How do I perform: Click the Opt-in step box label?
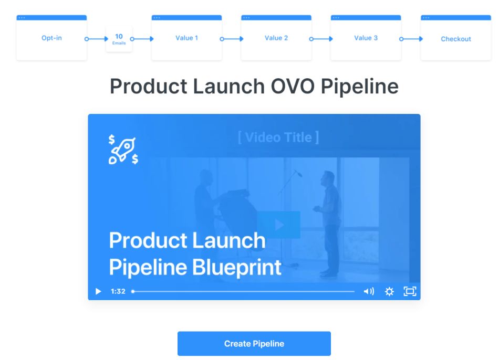[51, 38]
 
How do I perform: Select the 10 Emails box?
[119, 39]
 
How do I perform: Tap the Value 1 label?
[187, 38]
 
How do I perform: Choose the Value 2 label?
[276, 38]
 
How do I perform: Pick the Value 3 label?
[366, 38]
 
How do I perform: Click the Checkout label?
[456, 39]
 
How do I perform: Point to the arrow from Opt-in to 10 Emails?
[97, 39]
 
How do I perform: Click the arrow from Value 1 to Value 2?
[232, 39]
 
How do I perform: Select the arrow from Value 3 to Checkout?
[411, 39]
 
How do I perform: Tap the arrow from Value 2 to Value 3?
[321, 39]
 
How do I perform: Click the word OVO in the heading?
[293, 86]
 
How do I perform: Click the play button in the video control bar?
[98, 291]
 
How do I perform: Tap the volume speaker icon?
[369, 291]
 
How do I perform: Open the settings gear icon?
[389, 291]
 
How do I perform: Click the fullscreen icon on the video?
[410, 291]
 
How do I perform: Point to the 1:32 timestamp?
[118, 291]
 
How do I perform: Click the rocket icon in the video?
[123, 150]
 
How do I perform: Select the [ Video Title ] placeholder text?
[278, 137]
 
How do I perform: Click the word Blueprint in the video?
[237, 267]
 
